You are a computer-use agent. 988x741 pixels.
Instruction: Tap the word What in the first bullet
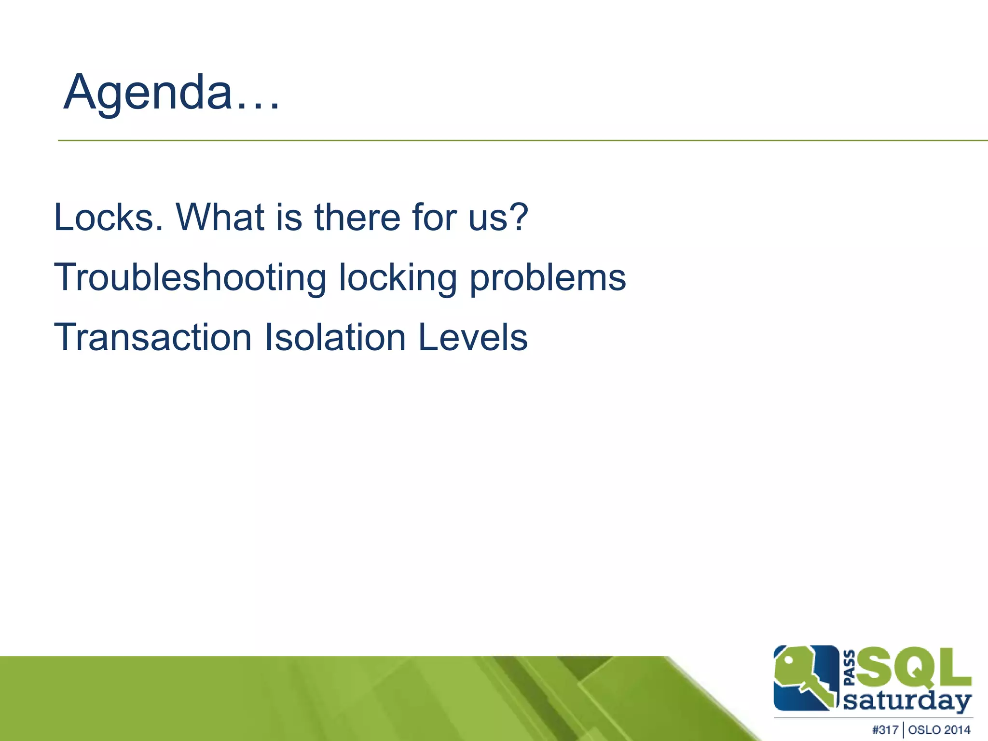220,218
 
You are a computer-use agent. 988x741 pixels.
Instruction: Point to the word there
357,218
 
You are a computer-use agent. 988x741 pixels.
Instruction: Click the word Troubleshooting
191,278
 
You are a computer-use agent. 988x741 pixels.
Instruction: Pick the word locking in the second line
398,278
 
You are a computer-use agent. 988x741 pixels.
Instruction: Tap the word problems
548,278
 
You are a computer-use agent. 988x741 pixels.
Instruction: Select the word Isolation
335,337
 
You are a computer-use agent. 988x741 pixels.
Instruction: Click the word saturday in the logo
907,701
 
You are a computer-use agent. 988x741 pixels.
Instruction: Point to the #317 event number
885,730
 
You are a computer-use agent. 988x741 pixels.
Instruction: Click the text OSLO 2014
939,730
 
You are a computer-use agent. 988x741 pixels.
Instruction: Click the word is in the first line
289,218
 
